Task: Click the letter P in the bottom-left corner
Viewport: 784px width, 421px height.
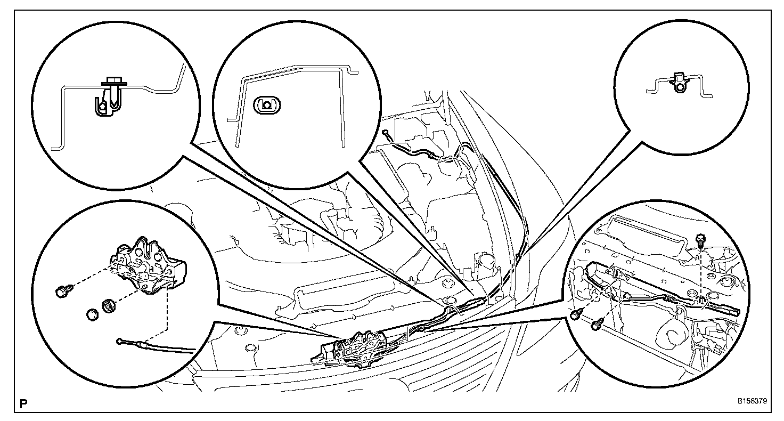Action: click(x=23, y=404)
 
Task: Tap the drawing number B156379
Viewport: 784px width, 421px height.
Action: click(x=753, y=401)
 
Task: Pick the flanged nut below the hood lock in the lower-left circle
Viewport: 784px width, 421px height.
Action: click(x=109, y=306)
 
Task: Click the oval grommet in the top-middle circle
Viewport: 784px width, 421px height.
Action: click(x=267, y=105)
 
